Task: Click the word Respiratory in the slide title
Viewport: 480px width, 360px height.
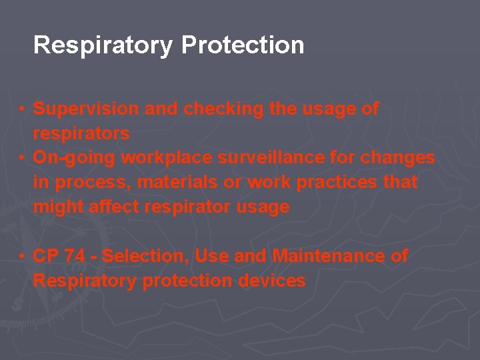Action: click(x=103, y=46)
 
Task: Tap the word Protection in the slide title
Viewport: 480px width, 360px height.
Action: click(x=243, y=45)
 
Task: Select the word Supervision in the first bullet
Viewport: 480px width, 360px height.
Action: click(x=87, y=109)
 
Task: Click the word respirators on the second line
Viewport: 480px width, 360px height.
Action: click(x=81, y=133)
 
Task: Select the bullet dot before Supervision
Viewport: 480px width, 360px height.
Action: click(x=23, y=109)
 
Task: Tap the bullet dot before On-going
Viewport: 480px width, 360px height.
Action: click(x=23, y=158)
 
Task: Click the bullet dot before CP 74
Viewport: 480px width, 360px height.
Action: click(x=23, y=256)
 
